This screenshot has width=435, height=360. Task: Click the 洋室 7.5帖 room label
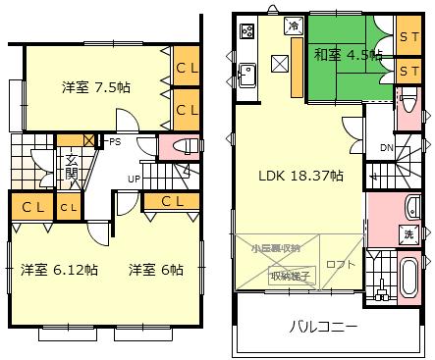coord(96,87)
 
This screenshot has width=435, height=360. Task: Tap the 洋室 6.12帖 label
coord(49,270)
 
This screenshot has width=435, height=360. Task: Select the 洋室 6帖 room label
coord(156,270)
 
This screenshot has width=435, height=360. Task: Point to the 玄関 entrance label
coord(72,168)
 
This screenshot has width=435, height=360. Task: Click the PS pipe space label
coord(115,142)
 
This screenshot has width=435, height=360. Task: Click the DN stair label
coord(386,148)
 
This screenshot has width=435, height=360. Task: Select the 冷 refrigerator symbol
coord(293,25)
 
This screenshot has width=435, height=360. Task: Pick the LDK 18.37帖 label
coord(300,177)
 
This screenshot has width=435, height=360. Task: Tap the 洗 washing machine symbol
coord(407,234)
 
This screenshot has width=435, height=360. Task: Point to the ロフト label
coord(341,263)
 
